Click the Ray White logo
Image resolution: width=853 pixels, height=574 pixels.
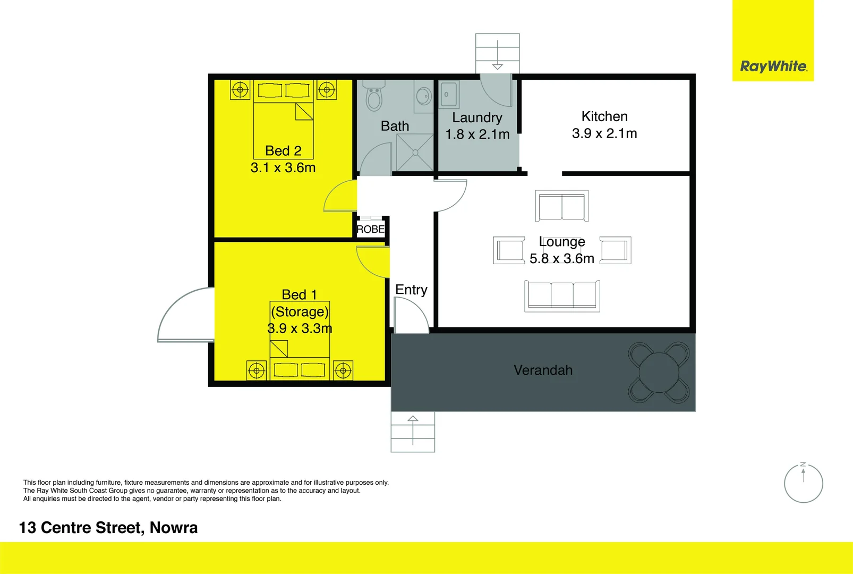[x=773, y=67]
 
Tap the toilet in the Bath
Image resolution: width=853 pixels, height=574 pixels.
[x=374, y=96]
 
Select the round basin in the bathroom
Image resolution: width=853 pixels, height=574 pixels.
[x=423, y=96]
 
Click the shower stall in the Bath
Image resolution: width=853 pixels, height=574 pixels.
[x=415, y=153]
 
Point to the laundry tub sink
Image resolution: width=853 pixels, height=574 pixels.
[x=449, y=95]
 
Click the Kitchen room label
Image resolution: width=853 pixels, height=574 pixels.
[x=604, y=116]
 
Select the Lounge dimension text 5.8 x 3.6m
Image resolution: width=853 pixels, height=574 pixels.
[x=561, y=259]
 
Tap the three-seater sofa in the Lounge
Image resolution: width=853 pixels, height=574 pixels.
[x=562, y=296]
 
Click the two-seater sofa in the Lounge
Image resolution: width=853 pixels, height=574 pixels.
[x=561, y=206]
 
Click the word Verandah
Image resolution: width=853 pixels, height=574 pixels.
[x=543, y=370]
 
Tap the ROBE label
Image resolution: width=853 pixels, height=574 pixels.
[x=370, y=230]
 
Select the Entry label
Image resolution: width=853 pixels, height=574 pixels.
[x=411, y=290]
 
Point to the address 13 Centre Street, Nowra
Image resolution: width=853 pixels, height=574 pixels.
[x=108, y=528]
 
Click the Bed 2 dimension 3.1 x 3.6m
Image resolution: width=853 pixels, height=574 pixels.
[x=283, y=168]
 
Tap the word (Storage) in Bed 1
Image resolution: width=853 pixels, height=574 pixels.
[x=300, y=311]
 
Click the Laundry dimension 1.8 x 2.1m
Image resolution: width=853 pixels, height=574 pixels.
[x=477, y=134]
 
